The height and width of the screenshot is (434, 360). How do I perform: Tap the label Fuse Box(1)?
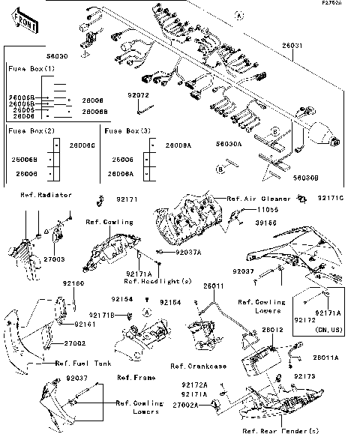31,68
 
